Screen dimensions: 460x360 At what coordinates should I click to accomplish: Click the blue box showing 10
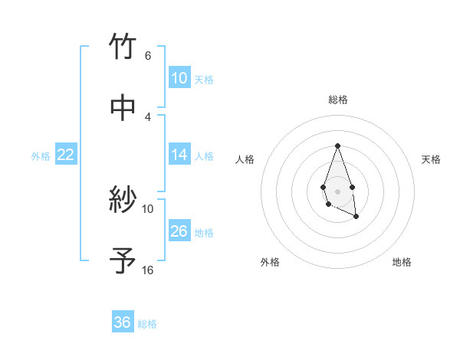[x=179, y=78]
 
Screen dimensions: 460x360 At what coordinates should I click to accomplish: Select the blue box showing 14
[x=179, y=155]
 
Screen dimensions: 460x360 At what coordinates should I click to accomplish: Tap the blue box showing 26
[x=179, y=231]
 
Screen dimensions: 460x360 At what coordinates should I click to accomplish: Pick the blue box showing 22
[x=66, y=155]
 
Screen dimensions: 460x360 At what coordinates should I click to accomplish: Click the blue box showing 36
[x=123, y=322]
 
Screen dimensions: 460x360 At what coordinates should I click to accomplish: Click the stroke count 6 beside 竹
[x=147, y=55]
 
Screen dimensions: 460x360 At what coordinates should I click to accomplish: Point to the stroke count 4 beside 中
[x=147, y=116]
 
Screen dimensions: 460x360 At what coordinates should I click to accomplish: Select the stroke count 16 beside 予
[x=147, y=270]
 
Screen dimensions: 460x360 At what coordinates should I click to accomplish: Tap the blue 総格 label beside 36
[x=147, y=324]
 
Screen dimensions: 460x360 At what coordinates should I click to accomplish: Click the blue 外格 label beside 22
[x=41, y=156]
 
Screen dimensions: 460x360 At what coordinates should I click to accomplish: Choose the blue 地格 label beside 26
[x=204, y=233]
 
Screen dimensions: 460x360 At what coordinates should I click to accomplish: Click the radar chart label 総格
[x=337, y=100]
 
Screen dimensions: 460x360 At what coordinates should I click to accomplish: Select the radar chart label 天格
[x=431, y=159]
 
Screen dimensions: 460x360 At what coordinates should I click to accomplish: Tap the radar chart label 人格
[x=245, y=159]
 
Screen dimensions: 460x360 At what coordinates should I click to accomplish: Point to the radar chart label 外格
[x=270, y=262]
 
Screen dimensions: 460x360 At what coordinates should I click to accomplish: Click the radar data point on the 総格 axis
[x=337, y=146]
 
